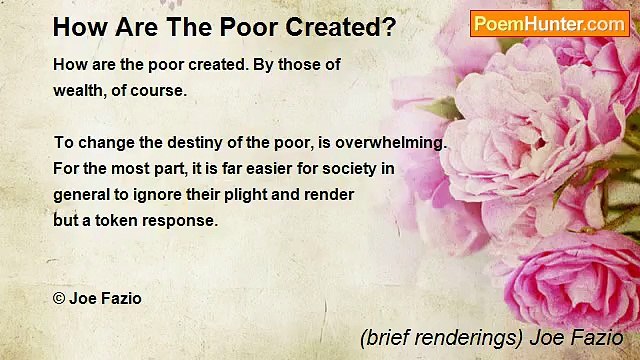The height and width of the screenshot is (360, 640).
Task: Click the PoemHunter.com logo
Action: (x=550, y=23)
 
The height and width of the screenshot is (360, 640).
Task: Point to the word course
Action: (x=160, y=90)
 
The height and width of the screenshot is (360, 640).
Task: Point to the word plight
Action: (x=262, y=195)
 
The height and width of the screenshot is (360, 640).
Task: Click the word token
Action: (x=116, y=221)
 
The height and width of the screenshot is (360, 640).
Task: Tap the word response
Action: (x=180, y=221)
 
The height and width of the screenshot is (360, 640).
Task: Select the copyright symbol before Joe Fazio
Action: (x=59, y=298)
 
